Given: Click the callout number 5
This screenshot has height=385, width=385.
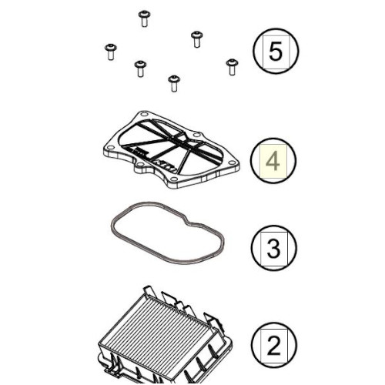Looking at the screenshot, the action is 275,52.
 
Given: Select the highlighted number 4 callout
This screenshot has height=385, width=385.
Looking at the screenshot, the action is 273,161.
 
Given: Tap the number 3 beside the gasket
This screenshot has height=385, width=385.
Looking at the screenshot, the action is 273,248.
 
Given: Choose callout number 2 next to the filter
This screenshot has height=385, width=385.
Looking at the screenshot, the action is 273,345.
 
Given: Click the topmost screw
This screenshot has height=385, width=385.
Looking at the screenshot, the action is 144,18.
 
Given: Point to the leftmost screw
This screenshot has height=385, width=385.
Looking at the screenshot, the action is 111,52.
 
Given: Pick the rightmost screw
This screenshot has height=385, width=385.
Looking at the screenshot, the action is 232,67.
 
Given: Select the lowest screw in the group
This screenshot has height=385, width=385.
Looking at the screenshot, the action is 174,83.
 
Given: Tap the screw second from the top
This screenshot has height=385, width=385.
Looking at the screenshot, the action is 197,39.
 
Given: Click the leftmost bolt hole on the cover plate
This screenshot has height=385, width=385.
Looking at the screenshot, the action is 111,148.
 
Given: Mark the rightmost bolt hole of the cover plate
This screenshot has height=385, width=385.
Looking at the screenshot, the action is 232,162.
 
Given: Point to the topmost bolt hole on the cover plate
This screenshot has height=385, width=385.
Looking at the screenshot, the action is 145,115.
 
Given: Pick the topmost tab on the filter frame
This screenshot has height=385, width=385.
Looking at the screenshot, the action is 148,290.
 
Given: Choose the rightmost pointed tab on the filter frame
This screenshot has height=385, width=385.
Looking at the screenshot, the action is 212,321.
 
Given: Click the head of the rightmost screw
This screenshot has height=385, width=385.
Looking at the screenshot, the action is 232,62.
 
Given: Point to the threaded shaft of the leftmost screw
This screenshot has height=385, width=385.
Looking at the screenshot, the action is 111,55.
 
